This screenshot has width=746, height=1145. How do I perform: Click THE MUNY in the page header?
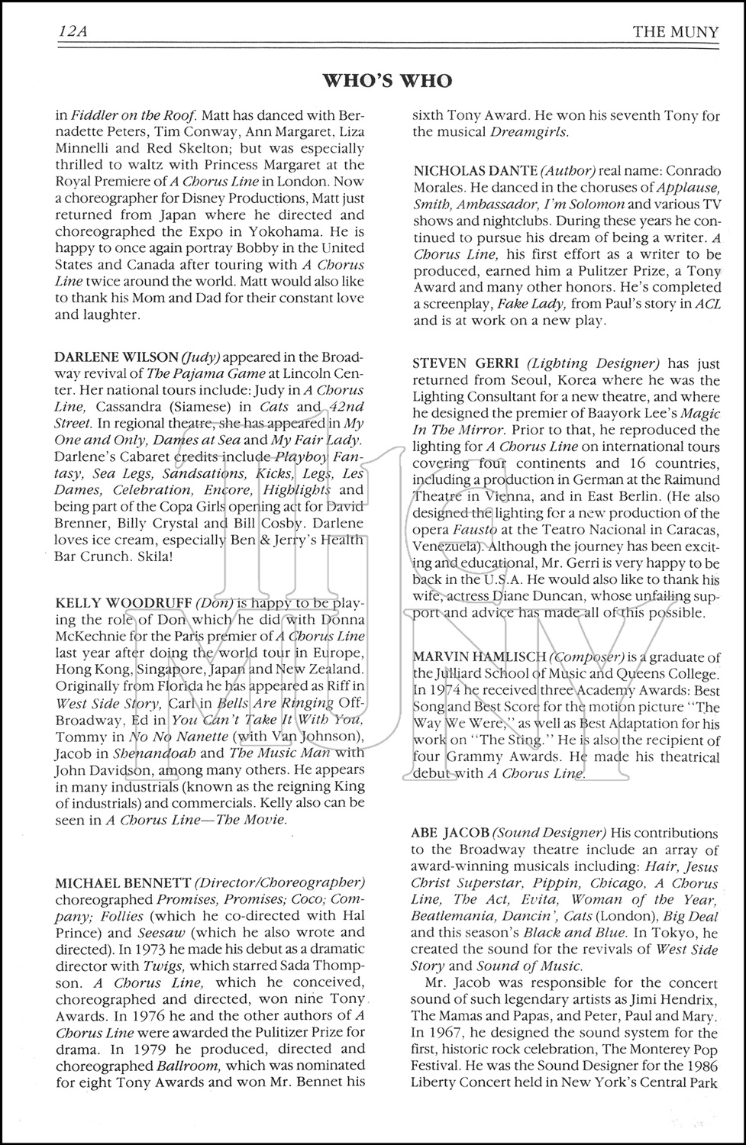[675, 32]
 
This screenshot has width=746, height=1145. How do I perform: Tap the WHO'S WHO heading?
[387, 81]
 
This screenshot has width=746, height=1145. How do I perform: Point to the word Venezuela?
[446, 547]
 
